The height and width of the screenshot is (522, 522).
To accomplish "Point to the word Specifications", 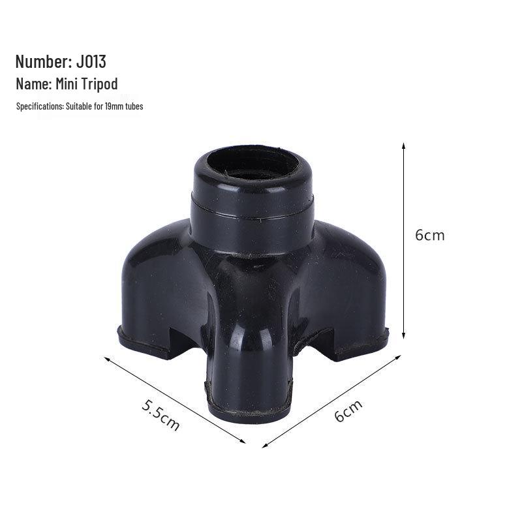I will point(40,106).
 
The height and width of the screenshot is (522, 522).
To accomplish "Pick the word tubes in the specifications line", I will point(133,106).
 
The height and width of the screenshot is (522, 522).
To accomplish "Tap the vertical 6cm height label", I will point(429,235).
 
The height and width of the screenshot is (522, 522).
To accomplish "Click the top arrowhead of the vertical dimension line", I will point(404,145).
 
